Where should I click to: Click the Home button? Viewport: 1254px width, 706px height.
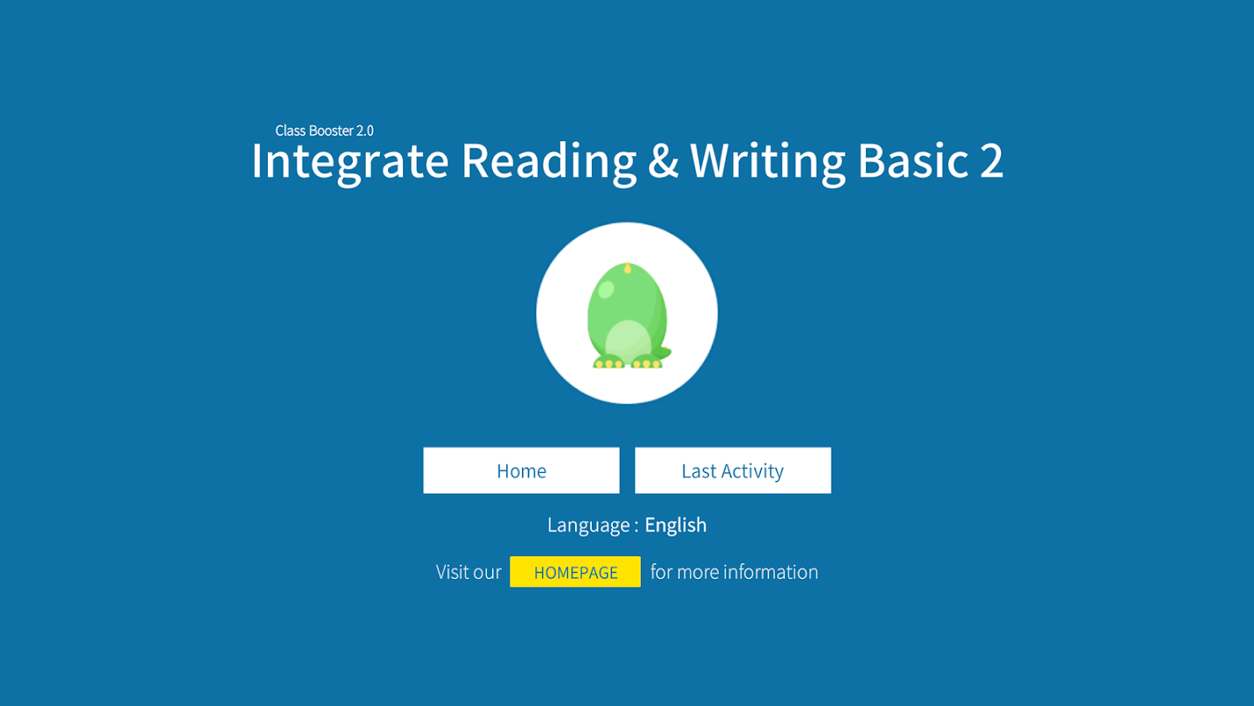[x=521, y=470]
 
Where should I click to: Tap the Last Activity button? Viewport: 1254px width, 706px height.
[x=733, y=470]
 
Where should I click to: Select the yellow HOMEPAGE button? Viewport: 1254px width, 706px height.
[x=576, y=572]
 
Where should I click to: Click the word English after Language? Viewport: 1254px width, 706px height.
[x=676, y=526]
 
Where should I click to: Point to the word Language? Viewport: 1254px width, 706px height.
[x=588, y=526]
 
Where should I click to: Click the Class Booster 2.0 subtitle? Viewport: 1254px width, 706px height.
[x=325, y=131]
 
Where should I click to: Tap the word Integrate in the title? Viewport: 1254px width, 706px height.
[x=350, y=161]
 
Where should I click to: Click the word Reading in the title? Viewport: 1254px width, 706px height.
[x=549, y=161]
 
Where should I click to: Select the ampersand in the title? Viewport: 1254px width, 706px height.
[x=663, y=161]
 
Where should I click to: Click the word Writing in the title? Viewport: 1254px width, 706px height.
[x=767, y=161]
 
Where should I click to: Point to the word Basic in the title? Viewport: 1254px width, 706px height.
[x=913, y=161]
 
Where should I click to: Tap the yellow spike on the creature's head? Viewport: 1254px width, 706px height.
[x=628, y=267]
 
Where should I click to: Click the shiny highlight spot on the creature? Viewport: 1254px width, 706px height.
[x=606, y=289]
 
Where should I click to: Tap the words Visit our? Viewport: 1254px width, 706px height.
[x=468, y=572]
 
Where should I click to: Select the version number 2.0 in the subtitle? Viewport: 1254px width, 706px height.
[x=364, y=131]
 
